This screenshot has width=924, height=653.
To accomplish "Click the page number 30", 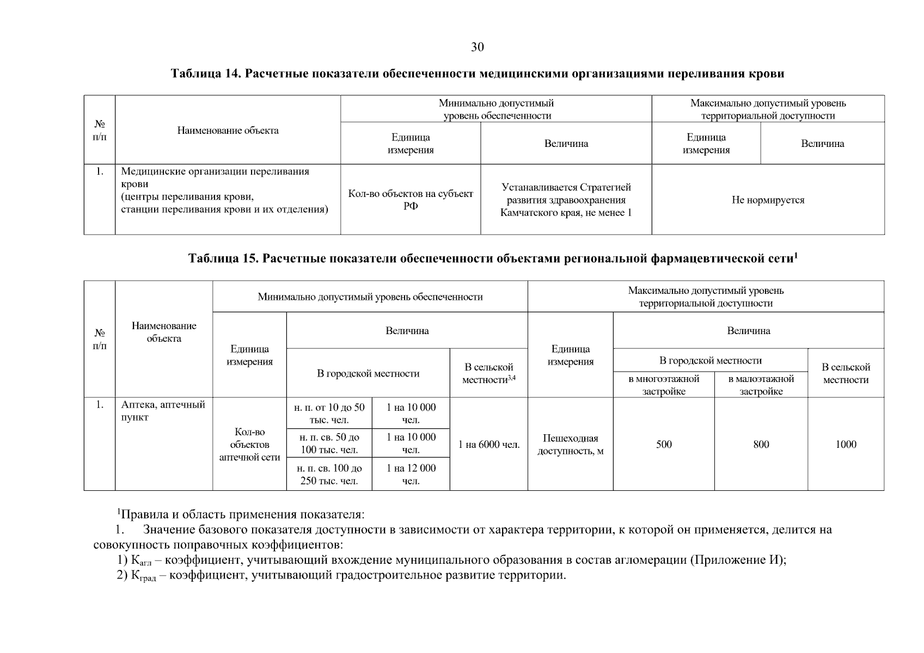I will tap(477, 47).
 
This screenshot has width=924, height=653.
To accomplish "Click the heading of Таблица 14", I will tap(477, 73).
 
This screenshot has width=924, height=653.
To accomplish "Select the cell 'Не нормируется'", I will tap(768, 200).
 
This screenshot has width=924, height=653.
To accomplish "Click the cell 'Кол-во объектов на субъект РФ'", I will tap(411, 200).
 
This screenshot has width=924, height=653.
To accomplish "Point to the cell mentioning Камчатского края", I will tap(566, 200).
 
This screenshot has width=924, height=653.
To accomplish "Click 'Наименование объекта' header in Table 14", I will tap(228, 130).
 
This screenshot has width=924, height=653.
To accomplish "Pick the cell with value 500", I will tap(664, 444).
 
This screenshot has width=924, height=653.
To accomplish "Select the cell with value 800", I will tap(761, 444).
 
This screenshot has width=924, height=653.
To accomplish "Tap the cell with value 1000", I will tap(846, 444).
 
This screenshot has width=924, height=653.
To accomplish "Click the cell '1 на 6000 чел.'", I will tap(488, 445).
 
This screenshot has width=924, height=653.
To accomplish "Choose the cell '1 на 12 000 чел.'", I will tap(411, 474).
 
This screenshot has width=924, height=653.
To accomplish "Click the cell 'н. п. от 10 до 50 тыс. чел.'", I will tap(329, 414).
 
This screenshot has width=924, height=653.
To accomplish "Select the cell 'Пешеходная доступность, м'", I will tap(570, 445).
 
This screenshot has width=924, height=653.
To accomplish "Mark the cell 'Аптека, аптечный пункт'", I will tap(163, 411).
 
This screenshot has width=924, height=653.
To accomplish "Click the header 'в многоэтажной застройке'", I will tap(663, 385).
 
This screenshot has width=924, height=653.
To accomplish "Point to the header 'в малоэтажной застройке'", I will tap(761, 385).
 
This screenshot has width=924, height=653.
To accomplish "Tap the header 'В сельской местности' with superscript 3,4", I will tap(488, 373).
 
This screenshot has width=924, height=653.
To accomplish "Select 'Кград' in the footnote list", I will tap(143, 576).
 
